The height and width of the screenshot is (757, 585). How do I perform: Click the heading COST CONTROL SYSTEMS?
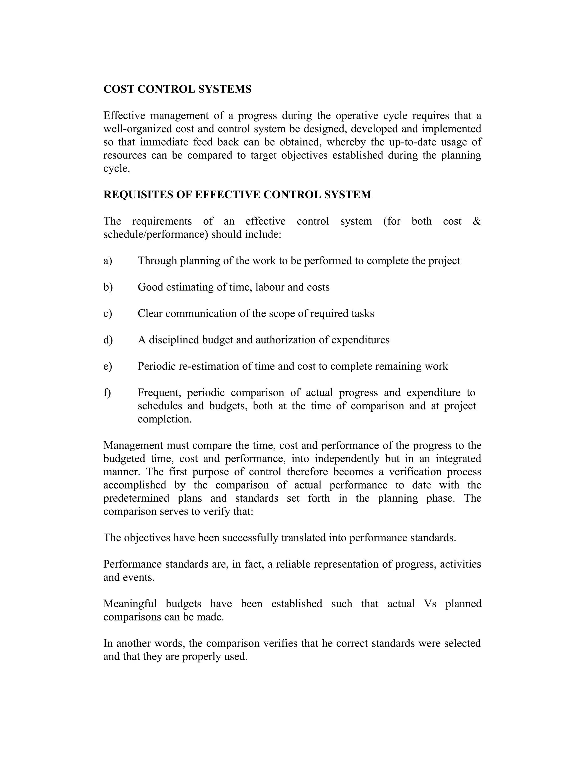(x=177, y=89)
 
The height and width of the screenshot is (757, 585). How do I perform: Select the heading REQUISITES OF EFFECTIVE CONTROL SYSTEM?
(x=237, y=195)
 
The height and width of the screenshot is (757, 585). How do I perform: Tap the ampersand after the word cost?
(x=477, y=221)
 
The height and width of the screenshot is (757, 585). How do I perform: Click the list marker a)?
(x=108, y=261)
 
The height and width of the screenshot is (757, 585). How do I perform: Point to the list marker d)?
(x=108, y=340)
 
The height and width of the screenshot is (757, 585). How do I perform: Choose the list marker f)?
(x=107, y=392)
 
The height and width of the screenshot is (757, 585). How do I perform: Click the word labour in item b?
(x=267, y=287)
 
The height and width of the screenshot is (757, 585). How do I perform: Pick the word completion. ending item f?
(x=165, y=419)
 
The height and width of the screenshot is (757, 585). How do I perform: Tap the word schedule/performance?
(x=156, y=234)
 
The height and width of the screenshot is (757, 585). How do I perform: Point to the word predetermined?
(x=136, y=498)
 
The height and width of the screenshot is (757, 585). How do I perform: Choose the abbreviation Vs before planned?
(x=430, y=603)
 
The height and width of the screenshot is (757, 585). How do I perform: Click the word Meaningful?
(x=130, y=603)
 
